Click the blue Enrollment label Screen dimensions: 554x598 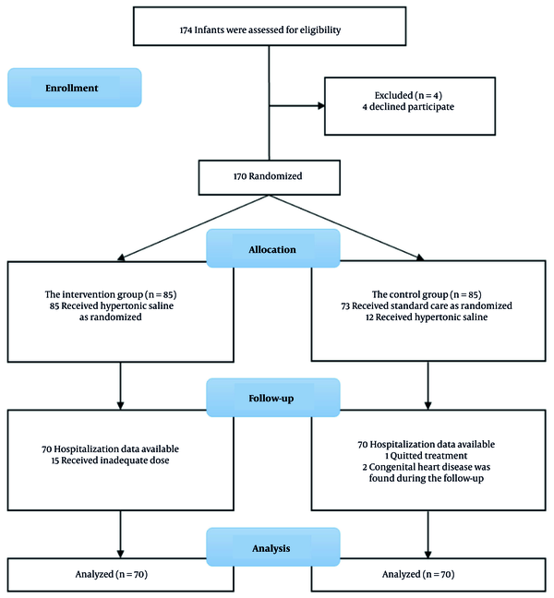tap(75, 88)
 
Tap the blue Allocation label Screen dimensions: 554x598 tap(272, 248)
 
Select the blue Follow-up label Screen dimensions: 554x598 tap(272, 398)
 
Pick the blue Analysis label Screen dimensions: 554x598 tap(272, 547)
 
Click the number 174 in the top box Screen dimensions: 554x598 tap(186, 30)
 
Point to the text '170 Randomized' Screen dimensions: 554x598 tap(268, 176)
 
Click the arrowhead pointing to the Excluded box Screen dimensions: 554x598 tap(321, 105)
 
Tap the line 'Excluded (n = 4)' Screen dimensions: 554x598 tap(408, 95)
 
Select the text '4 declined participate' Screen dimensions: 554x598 tap(408, 107)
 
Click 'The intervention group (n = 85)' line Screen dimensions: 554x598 tap(111, 294)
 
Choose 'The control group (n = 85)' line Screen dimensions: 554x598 tap(427, 294)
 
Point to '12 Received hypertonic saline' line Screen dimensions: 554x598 tap(427, 317)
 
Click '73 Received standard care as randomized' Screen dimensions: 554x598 tap(427, 305)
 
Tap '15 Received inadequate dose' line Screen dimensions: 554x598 tap(110, 460)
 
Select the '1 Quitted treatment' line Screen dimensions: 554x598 tap(427, 456)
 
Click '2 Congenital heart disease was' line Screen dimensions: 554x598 tap(427, 467)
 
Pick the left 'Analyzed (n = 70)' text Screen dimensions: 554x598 tap(112, 574)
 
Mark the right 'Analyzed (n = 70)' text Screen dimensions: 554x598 tap(418, 574)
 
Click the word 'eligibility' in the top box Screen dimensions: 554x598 tap(320, 30)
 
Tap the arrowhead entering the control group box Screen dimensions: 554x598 tap(420, 257)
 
